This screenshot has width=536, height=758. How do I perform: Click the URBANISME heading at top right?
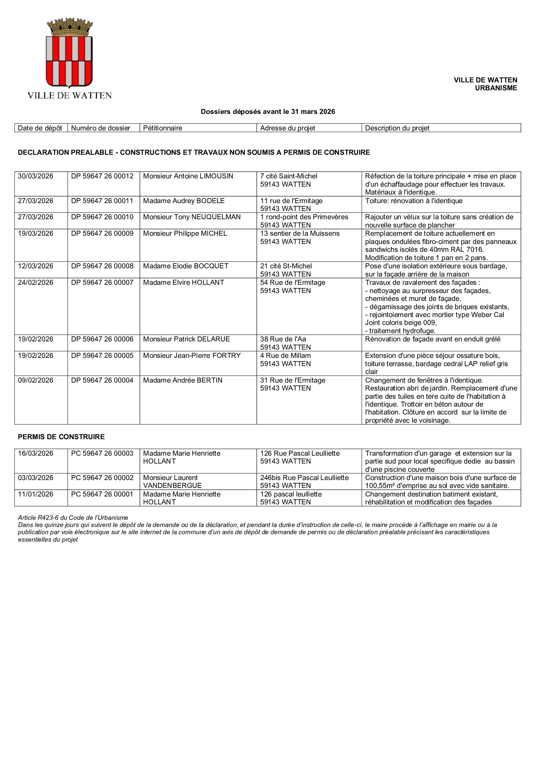496,88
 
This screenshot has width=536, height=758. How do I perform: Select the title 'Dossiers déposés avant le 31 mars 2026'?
268,112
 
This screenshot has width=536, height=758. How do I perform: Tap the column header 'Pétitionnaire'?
163,128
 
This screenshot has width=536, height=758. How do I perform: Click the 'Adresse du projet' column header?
288,128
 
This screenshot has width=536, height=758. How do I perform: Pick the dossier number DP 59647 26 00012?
102,176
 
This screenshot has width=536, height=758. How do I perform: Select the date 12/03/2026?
35,266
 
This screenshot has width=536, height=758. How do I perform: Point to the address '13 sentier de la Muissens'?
300,234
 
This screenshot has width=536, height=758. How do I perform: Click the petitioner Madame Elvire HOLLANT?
183,283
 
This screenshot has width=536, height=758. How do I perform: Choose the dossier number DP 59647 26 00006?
102,339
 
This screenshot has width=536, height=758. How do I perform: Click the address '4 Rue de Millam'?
285,356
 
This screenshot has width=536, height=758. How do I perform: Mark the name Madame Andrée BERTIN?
183,380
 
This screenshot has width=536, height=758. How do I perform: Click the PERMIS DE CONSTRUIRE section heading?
61,437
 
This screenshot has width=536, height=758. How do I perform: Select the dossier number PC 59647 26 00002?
102,478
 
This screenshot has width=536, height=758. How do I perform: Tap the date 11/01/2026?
35,494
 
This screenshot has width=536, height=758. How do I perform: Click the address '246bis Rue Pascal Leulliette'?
304,478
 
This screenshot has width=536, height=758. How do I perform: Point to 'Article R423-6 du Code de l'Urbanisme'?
73,518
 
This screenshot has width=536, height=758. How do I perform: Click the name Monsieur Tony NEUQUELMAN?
192,217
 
